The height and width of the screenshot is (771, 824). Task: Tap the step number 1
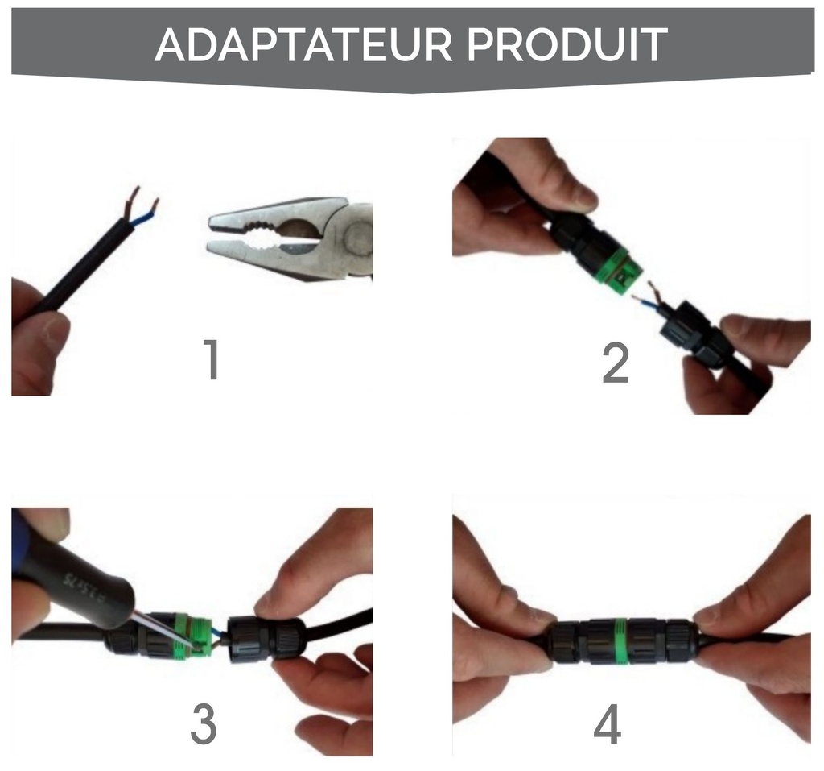point(212,361)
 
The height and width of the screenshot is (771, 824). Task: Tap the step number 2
point(615,363)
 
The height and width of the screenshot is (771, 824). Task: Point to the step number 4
point(608,725)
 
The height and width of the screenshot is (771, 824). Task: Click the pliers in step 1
point(290,238)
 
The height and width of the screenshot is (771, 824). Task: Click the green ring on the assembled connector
point(620,640)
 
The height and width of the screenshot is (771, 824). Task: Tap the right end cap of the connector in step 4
point(679,641)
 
